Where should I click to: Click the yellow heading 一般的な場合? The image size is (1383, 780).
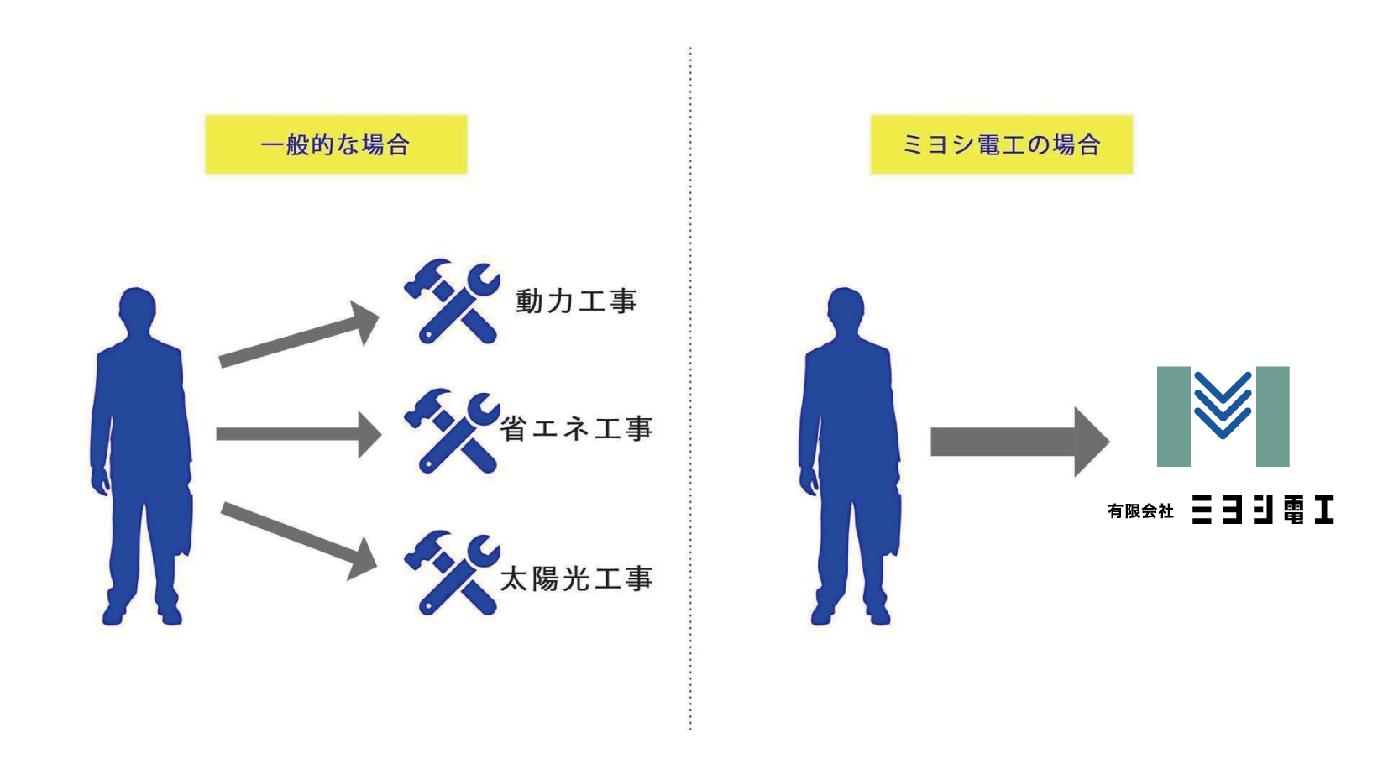coord(336,144)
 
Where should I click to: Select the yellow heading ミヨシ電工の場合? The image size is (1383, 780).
coord(1001,144)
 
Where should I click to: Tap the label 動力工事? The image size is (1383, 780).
coord(576,301)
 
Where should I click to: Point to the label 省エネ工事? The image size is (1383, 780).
coord(576,429)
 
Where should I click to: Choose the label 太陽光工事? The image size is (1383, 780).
coord(576,578)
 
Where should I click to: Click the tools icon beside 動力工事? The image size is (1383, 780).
coord(452,301)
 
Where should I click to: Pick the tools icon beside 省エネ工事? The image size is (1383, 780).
coord(452,431)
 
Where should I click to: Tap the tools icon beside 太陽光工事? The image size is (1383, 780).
coord(452,573)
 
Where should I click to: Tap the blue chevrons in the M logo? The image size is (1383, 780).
coord(1223,405)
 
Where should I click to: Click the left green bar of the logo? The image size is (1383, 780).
coord(1173,416)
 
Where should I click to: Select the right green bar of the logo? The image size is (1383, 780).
coord(1272,416)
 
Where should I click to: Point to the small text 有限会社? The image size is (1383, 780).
coord(1139,510)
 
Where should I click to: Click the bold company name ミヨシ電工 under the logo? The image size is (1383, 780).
coord(1262,510)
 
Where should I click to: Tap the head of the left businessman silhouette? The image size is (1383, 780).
coord(138,311)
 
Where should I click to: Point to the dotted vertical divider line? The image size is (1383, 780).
coord(690,386)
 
